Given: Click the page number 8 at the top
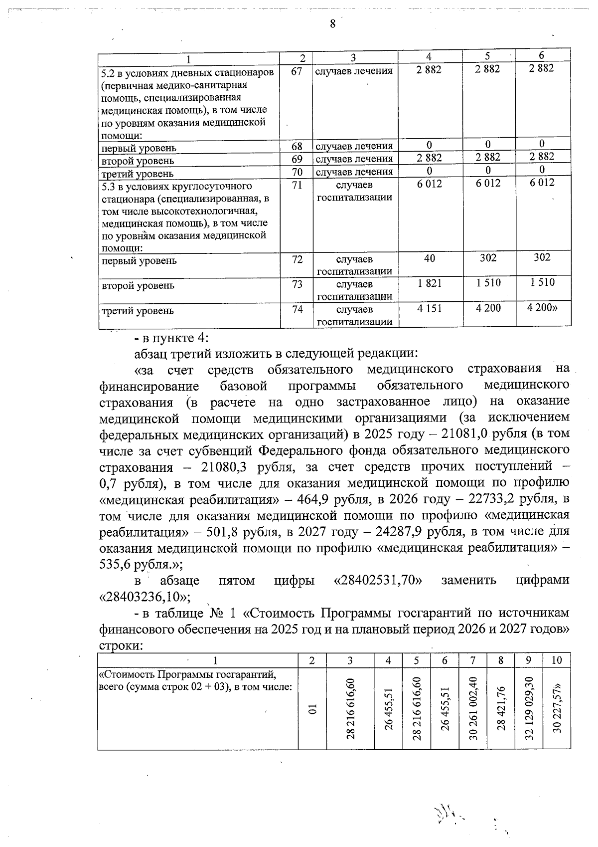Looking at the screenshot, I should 332,23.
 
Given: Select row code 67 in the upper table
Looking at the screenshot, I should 297,71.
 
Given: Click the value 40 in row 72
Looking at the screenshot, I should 430,258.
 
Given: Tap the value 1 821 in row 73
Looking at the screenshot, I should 430,283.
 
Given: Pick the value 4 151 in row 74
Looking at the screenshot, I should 430,309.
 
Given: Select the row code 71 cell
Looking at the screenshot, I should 297,186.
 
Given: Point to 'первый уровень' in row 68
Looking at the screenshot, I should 139,148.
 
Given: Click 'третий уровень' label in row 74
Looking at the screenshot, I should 138,311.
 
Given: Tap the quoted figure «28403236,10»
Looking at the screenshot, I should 143,597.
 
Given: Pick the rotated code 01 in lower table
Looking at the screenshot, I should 312,709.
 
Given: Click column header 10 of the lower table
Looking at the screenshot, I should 557,660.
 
